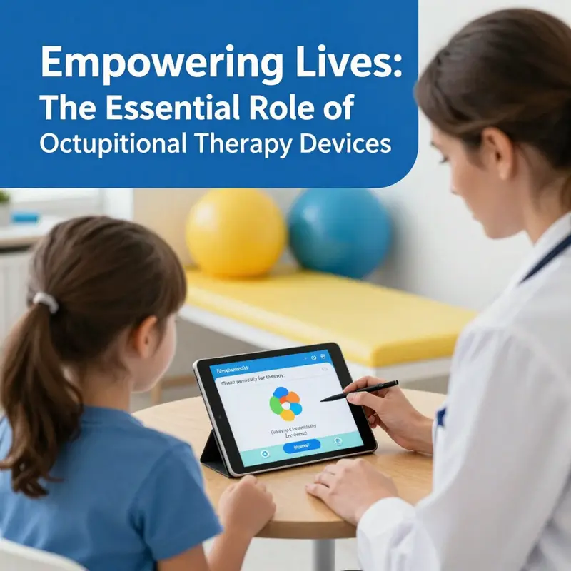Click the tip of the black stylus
coord(323,400)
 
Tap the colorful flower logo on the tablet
coord(285,403)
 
